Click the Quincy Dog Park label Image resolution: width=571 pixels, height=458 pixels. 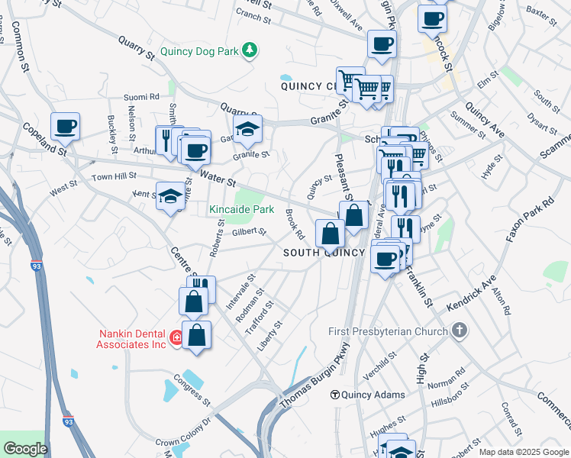199,52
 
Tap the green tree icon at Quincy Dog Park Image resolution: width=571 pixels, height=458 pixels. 249,51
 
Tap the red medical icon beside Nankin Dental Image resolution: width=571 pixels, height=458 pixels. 176,337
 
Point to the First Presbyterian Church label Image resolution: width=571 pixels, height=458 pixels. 388,331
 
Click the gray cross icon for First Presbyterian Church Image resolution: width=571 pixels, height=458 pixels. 458,331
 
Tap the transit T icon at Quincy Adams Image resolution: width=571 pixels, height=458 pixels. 334,395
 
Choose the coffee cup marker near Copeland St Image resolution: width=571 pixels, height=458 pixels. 65,127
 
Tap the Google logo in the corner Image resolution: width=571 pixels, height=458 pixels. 25,449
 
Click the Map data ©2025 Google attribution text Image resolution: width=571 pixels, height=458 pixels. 524,452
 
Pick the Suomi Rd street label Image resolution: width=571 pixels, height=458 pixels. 144,97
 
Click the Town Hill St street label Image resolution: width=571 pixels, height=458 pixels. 114,176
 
